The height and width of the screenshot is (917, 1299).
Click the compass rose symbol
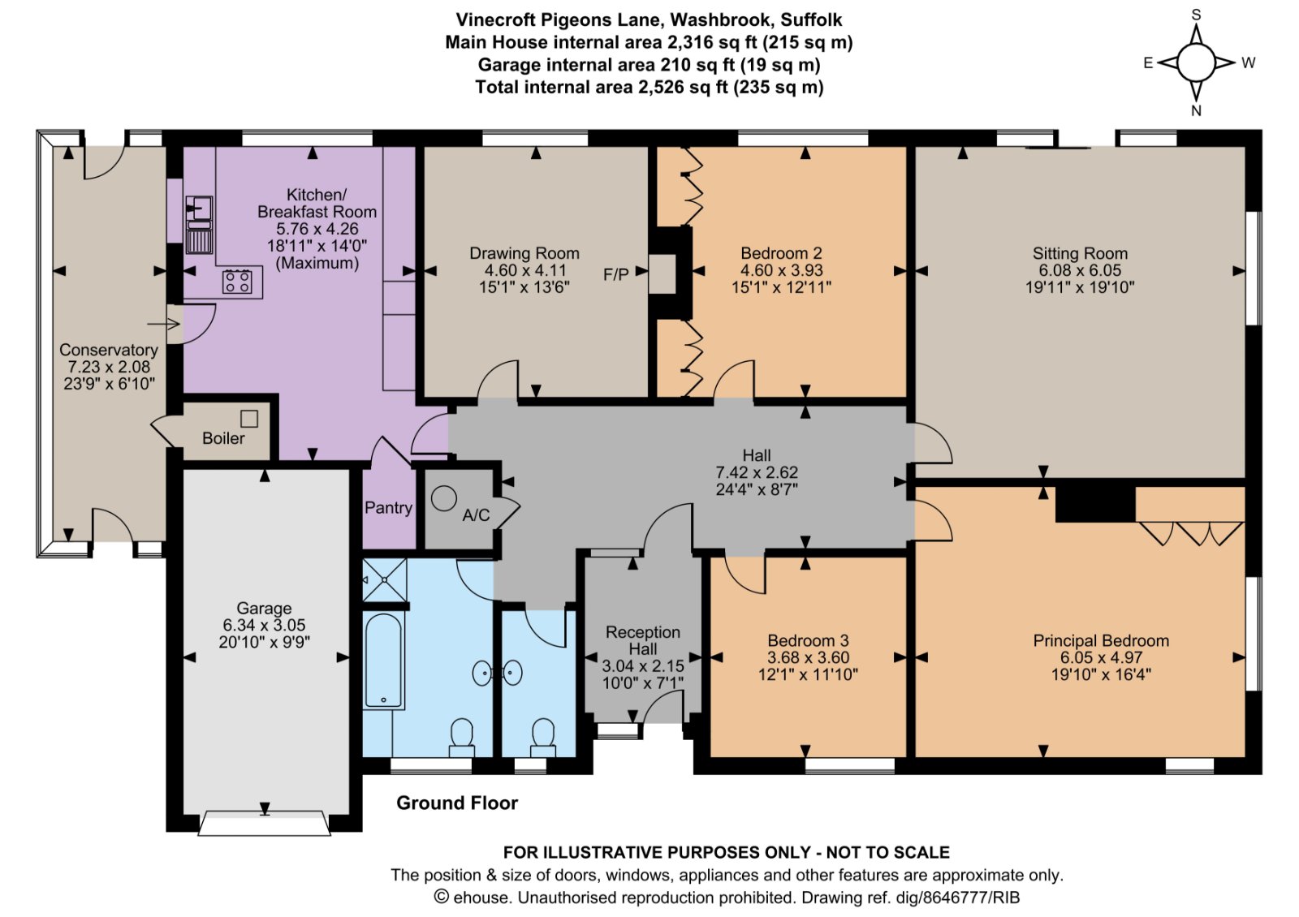(1196, 62)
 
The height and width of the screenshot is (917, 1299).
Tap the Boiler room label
(223, 438)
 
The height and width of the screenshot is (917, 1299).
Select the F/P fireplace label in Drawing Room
(615, 274)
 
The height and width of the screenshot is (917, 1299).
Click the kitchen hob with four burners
(238, 282)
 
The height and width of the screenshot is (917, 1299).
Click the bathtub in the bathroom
(383, 661)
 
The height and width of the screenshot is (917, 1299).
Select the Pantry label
(388, 508)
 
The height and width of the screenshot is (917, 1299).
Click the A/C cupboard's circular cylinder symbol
(444, 498)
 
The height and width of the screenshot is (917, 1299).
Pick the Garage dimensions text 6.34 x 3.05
(264, 625)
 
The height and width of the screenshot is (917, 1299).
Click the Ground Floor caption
(456, 803)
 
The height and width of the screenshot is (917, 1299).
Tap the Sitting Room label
(1080, 253)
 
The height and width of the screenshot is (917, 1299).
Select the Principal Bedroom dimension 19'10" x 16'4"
(1101, 674)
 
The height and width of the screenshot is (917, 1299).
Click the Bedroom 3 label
(808, 640)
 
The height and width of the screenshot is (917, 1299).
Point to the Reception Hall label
(643, 640)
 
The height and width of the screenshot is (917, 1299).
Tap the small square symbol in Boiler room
(249, 419)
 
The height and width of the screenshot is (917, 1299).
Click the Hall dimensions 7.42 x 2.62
(756, 472)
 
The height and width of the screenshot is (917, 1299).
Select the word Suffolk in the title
(811, 19)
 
